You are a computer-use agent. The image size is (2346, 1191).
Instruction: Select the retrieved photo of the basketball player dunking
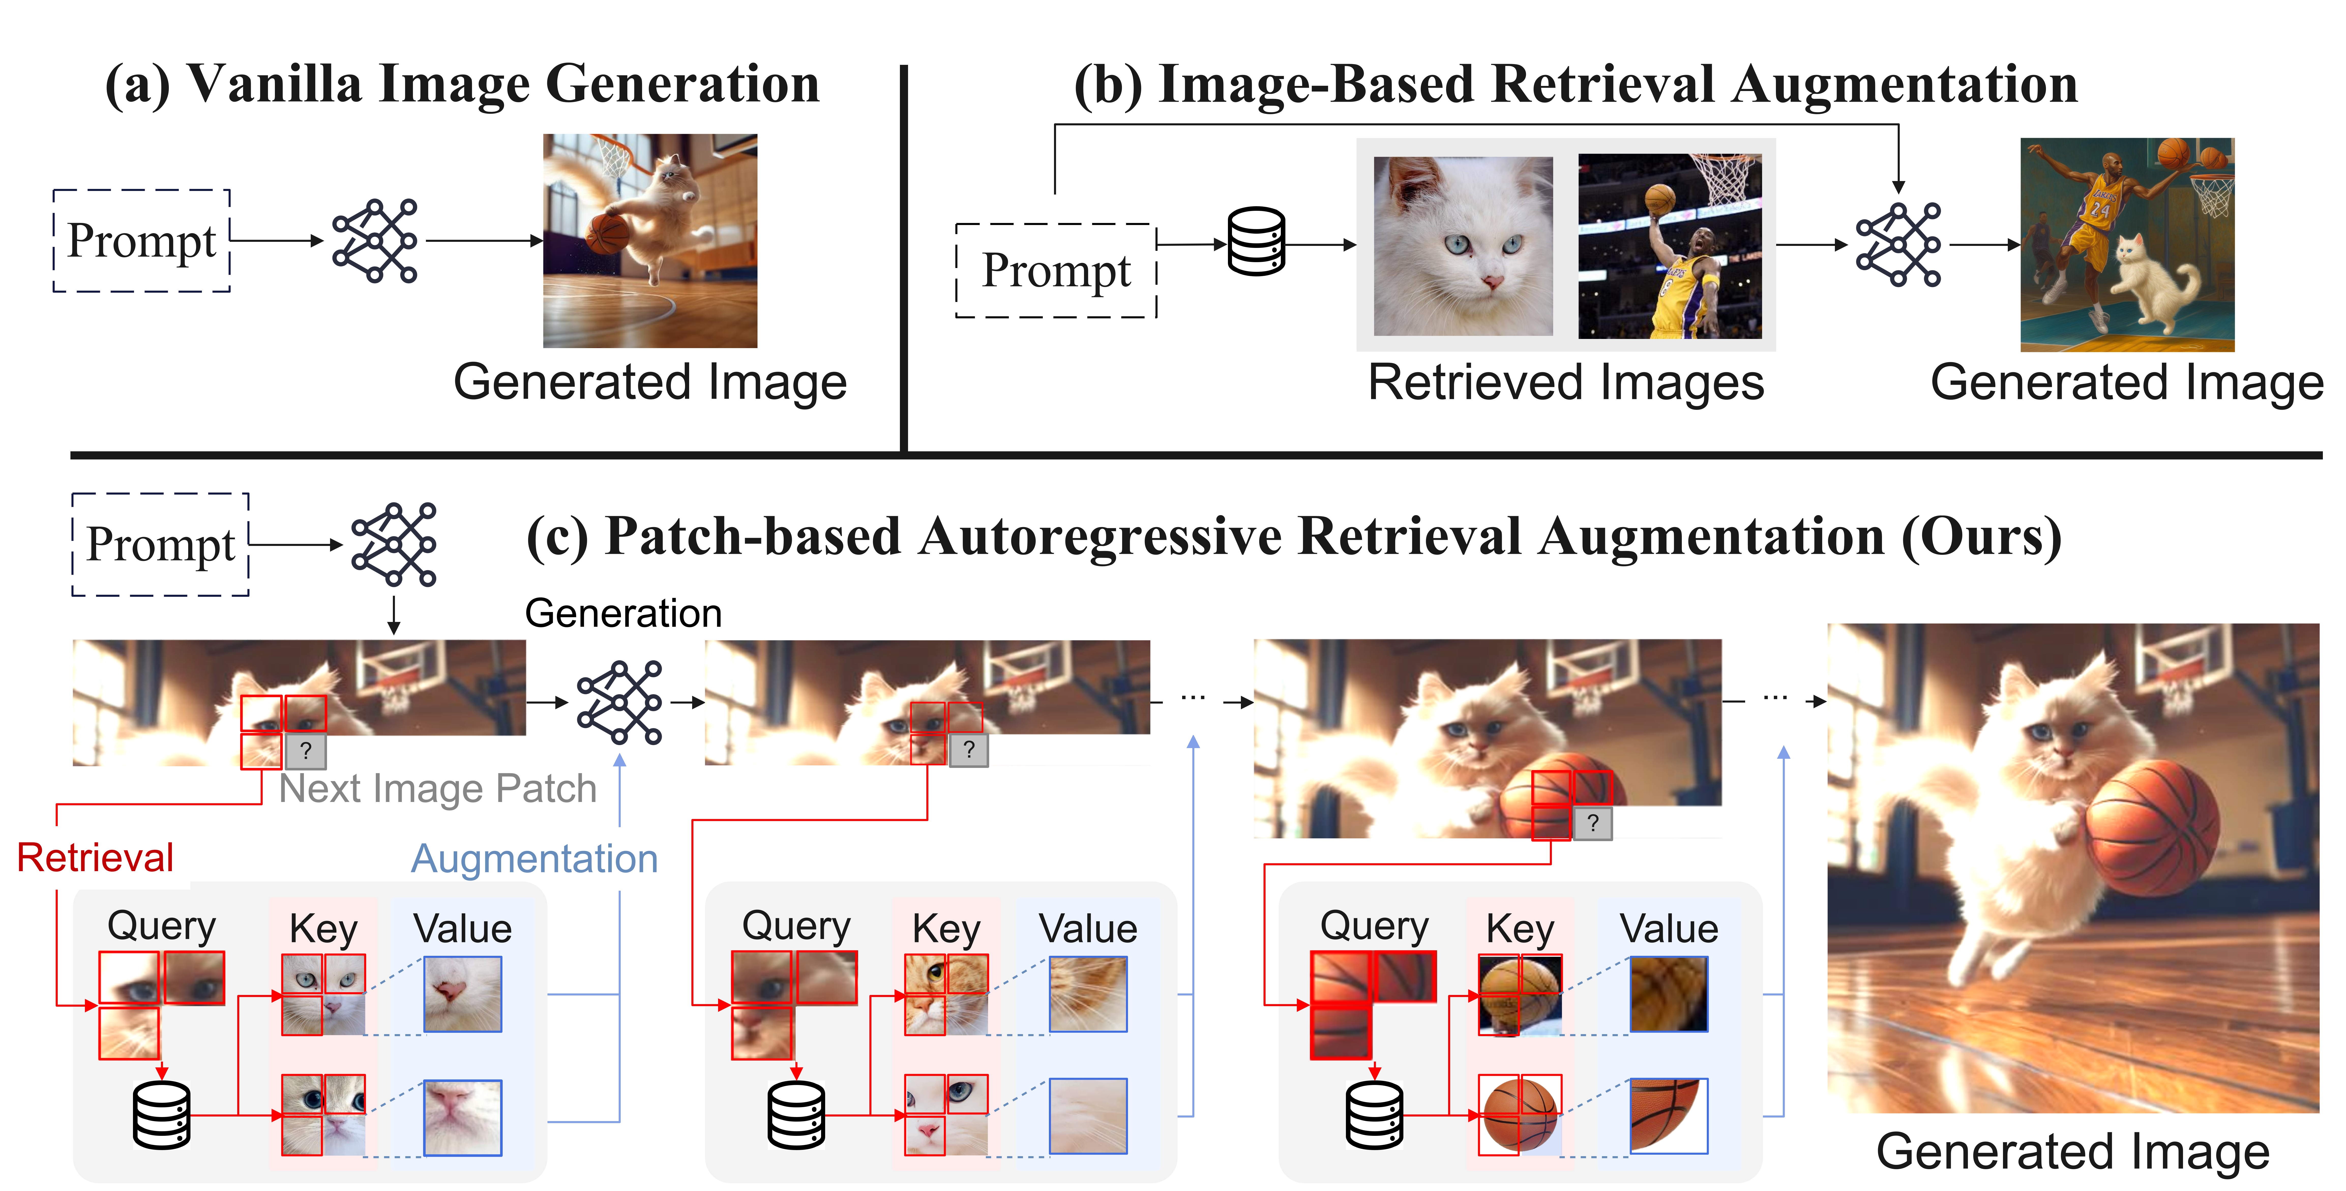1669,246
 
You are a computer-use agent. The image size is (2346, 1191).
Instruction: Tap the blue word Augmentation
534,859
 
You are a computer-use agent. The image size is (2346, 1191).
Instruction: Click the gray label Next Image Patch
437,788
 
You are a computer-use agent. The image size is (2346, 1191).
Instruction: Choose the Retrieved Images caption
1566,382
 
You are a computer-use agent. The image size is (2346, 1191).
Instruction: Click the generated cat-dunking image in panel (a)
650,240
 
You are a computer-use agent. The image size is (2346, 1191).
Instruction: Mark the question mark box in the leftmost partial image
306,751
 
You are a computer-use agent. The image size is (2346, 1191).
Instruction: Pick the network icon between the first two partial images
620,702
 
